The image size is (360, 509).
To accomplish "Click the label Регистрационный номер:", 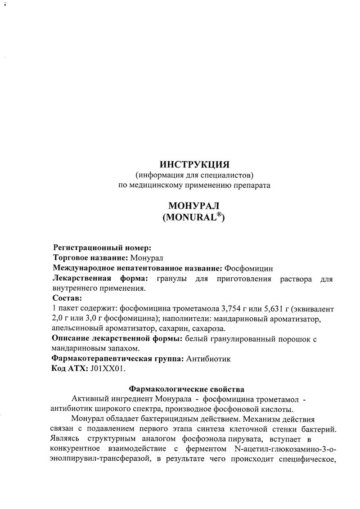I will [102, 248].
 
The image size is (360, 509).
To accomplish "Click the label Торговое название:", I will [90, 258].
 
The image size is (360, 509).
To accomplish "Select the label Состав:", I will [67, 298].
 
